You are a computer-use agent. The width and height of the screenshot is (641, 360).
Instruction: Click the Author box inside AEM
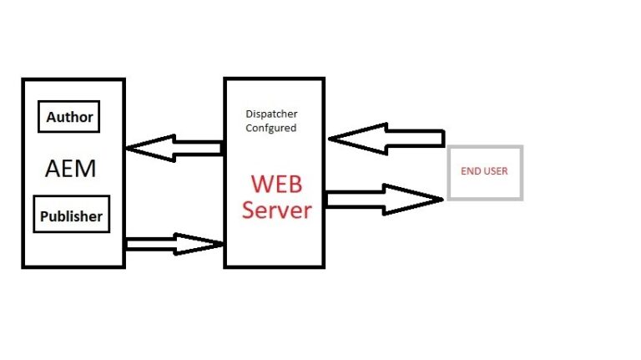(69, 117)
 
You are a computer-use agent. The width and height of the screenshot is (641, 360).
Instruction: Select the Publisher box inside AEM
(72, 215)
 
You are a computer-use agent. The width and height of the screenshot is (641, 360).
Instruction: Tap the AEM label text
(71, 169)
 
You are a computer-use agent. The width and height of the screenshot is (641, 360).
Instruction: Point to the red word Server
(276, 209)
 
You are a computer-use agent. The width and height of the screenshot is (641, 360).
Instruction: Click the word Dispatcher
(271, 114)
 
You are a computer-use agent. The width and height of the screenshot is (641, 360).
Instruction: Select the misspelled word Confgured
(271, 129)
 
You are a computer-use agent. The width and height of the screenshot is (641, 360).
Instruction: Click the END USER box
(485, 172)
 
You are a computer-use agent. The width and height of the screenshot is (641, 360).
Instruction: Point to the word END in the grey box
(471, 171)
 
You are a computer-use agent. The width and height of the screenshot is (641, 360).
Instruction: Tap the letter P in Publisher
(45, 215)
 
